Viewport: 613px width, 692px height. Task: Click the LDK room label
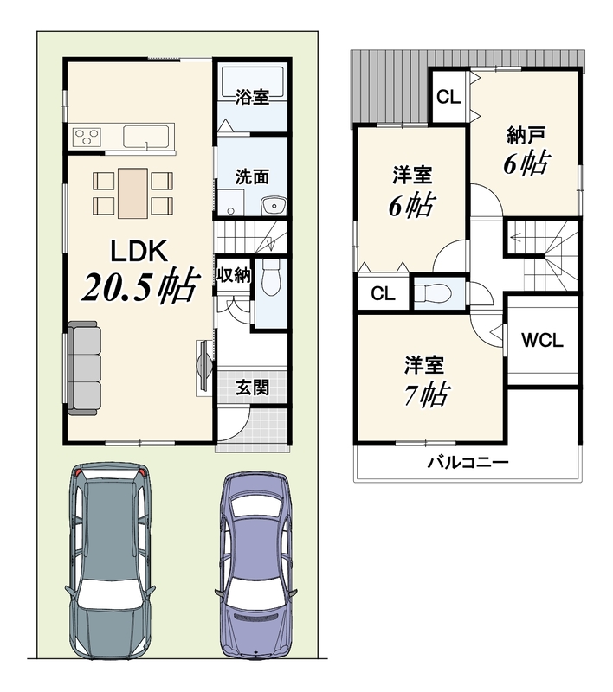pos(139,251)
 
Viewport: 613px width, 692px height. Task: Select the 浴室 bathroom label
pos(252,97)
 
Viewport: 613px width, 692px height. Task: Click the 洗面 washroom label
pos(252,176)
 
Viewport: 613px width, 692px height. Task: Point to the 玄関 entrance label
pos(252,388)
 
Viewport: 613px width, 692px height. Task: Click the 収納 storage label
pos(233,275)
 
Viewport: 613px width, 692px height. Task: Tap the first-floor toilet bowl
pos(271,277)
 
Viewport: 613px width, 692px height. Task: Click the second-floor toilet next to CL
pos(433,292)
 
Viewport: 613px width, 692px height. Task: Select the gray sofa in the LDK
pos(83,368)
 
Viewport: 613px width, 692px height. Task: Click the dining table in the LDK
pos(132,193)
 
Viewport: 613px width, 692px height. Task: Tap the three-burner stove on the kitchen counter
pos(87,137)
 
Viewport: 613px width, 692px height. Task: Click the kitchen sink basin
pos(145,136)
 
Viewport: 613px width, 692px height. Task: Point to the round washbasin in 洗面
pos(274,205)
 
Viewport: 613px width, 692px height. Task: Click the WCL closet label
pos(542,340)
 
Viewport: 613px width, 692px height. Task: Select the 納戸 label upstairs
pos(526,135)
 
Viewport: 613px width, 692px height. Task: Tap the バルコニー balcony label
pos(468,463)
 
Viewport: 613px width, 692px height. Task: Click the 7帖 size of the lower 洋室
pos(427,394)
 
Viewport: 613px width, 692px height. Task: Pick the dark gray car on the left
pos(110,561)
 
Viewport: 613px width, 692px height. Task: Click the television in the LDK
pos(204,364)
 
